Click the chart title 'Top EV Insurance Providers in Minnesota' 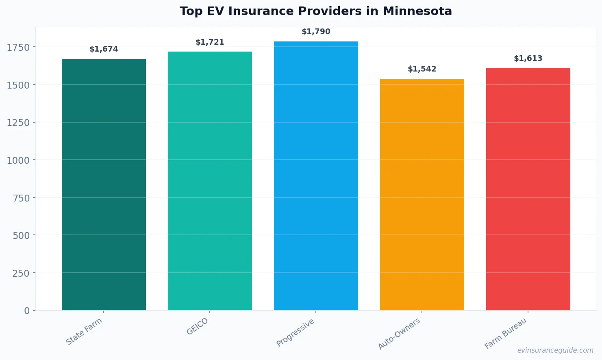click(x=315, y=11)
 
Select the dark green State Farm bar click(x=104, y=184)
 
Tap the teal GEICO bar click(x=210, y=181)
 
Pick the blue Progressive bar click(x=316, y=176)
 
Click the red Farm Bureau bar click(x=528, y=189)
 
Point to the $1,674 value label click(x=104, y=49)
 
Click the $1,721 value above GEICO click(x=210, y=42)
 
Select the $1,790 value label click(x=316, y=32)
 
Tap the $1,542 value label click(x=422, y=69)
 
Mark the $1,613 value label click(x=528, y=59)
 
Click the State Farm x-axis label click(x=84, y=332)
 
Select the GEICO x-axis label click(x=197, y=326)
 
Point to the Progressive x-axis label click(x=295, y=332)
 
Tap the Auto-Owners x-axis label click(x=399, y=334)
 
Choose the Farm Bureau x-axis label click(x=505, y=334)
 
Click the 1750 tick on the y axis click(x=18, y=48)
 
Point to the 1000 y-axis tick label click(x=18, y=160)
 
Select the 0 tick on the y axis click(x=27, y=311)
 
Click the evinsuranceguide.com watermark click(x=555, y=350)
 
